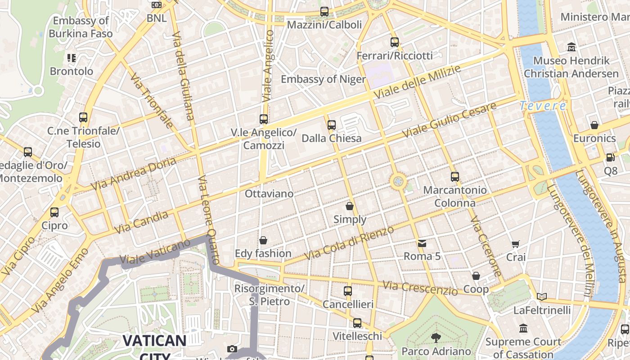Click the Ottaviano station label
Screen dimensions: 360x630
coord(269,194)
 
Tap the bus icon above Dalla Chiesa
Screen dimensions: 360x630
coord(332,125)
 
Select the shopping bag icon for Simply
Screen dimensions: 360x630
coord(350,207)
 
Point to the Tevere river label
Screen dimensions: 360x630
coord(543,106)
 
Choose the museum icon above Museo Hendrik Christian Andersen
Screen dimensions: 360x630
coord(571,47)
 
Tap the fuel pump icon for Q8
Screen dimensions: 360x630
coord(611,157)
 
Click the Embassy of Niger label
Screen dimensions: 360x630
coord(323,79)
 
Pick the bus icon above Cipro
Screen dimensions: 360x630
coord(54,212)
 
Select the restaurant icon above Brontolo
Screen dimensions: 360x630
coord(72,58)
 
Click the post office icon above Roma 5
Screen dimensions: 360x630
coord(422,243)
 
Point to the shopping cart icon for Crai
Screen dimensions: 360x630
coord(516,244)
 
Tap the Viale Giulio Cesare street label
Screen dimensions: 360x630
coord(450,120)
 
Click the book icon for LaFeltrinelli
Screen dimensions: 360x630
coord(542,297)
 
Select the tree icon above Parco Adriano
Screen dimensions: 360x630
coord(436,337)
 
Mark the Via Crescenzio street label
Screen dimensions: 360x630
coord(420,288)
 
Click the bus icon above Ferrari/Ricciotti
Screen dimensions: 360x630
coord(395,42)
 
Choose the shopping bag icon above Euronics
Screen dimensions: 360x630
coord(594,125)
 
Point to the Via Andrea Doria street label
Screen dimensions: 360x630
coord(133,174)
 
